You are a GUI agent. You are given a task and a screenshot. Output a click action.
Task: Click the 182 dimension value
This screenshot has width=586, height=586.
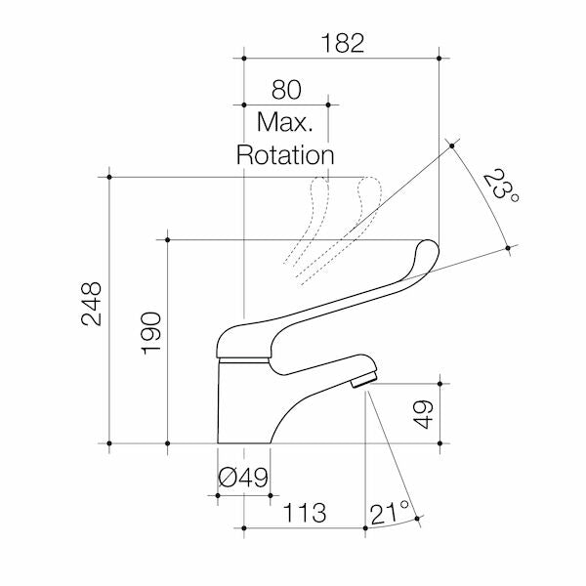tap(343, 43)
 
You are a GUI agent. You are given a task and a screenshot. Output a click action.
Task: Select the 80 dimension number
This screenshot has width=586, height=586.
tap(286, 90)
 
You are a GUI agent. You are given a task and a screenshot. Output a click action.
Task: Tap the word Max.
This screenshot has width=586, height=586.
tap(285, 122)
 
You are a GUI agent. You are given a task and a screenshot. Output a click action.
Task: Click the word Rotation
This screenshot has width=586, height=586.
tap(285, 154)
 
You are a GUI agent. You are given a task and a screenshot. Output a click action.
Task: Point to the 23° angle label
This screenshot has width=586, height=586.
tap(501, 186)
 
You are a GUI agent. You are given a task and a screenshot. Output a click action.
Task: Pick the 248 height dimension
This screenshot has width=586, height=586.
tap(92, 304)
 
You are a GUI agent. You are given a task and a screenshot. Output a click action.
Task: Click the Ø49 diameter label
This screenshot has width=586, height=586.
tap(243, 478)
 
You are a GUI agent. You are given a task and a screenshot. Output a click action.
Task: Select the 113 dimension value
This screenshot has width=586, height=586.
tap(305, 513)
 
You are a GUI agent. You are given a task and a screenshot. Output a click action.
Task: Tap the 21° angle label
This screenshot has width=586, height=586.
tap(390, 513)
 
